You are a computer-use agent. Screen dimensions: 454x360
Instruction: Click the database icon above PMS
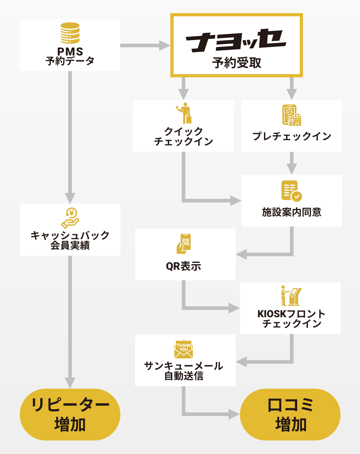[70, 33]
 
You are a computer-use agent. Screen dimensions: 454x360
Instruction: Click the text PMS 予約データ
[70, 56]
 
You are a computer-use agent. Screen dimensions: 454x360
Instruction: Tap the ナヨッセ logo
[236, 40]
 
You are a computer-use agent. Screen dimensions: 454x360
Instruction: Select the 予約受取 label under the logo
[237, 63]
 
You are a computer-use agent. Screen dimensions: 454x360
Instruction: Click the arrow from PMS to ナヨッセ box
[145, 45]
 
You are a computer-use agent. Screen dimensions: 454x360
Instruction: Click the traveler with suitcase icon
[185, 113]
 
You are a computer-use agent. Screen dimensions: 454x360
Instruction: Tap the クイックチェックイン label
[183, 136]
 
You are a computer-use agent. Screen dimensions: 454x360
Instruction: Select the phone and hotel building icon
[291, 115]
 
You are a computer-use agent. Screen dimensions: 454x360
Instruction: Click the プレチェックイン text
[292, 136]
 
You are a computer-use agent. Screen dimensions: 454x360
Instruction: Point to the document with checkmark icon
[291, 191]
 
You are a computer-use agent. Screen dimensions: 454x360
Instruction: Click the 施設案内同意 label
[292, 212]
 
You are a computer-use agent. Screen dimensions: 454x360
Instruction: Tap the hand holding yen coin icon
[70, 218]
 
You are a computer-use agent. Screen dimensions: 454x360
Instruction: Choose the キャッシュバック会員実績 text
[70, 240]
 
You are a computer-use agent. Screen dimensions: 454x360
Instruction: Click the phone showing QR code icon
[184, 243]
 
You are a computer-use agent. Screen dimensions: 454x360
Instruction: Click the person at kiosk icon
[291, 296]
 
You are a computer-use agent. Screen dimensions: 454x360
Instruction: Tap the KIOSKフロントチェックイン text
[291, 318]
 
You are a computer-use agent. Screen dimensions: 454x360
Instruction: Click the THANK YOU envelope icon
[184, 349]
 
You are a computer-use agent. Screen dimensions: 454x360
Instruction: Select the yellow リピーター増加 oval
[70, 414]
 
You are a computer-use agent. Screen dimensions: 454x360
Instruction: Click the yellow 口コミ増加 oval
[290, 414]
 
